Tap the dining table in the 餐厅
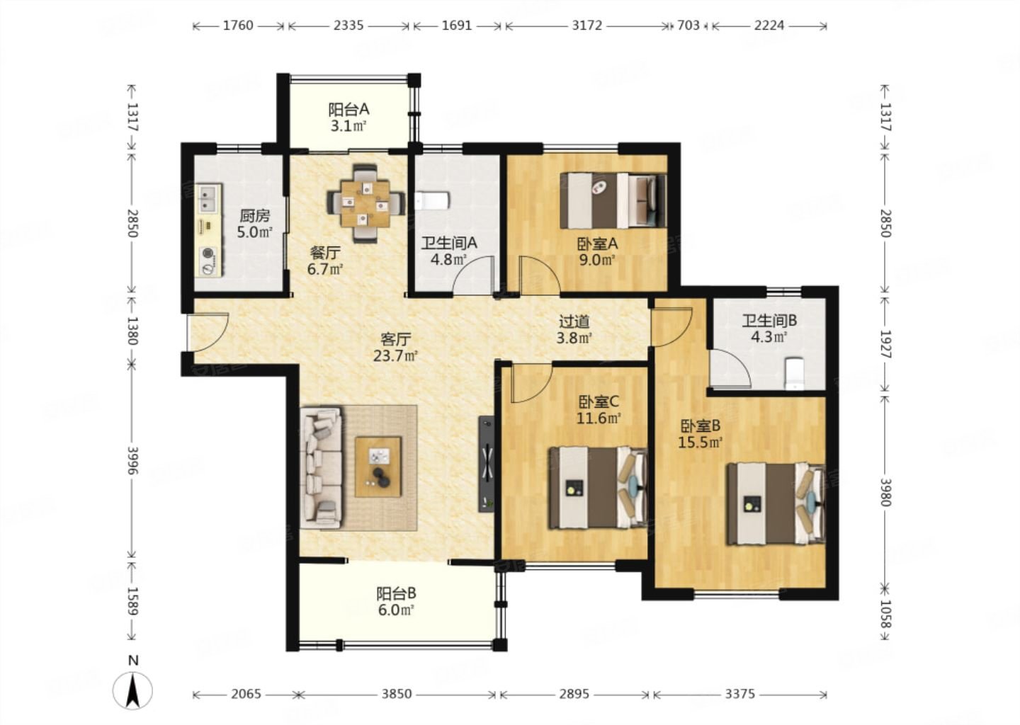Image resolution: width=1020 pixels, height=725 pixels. pyautogui.click(x=366, y=203)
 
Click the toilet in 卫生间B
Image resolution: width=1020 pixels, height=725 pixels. pyautogui.click(x=795, y=373)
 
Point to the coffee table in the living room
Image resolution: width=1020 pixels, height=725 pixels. pyautogui.click(x=378, y=467)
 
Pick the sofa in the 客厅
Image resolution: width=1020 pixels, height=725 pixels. pyautogui.click(x=321, y=468)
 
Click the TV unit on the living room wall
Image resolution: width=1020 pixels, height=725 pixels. pyautogui.click(x=487, y=464)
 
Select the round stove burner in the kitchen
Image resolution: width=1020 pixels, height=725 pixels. pyautogui.click(x=208, y=253)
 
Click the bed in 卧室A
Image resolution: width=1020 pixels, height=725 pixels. pyautogui.click(x=613, y=200)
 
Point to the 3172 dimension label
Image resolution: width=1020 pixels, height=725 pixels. pyautogui.click(x=587, y=25)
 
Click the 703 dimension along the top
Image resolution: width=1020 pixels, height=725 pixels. pyautogui.click(x=688, y=25)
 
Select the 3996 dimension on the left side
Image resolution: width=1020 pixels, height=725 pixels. pyautogui.click(x=132, y=461)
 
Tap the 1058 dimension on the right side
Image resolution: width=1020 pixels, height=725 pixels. pyautogui.click(x=885, y=614)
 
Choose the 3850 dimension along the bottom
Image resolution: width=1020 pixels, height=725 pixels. pyautogui.click(x=396, y=694)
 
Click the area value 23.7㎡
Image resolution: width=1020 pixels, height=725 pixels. pyautogui.click(x=395, y=356)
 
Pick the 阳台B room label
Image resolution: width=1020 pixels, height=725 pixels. pyautogui.click(x=396, y=593)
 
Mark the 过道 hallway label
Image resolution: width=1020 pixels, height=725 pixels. pyautogui.click(x=574, y=321)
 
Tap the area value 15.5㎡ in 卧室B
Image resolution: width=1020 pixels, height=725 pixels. pyautogui.click(x=701, y=442)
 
